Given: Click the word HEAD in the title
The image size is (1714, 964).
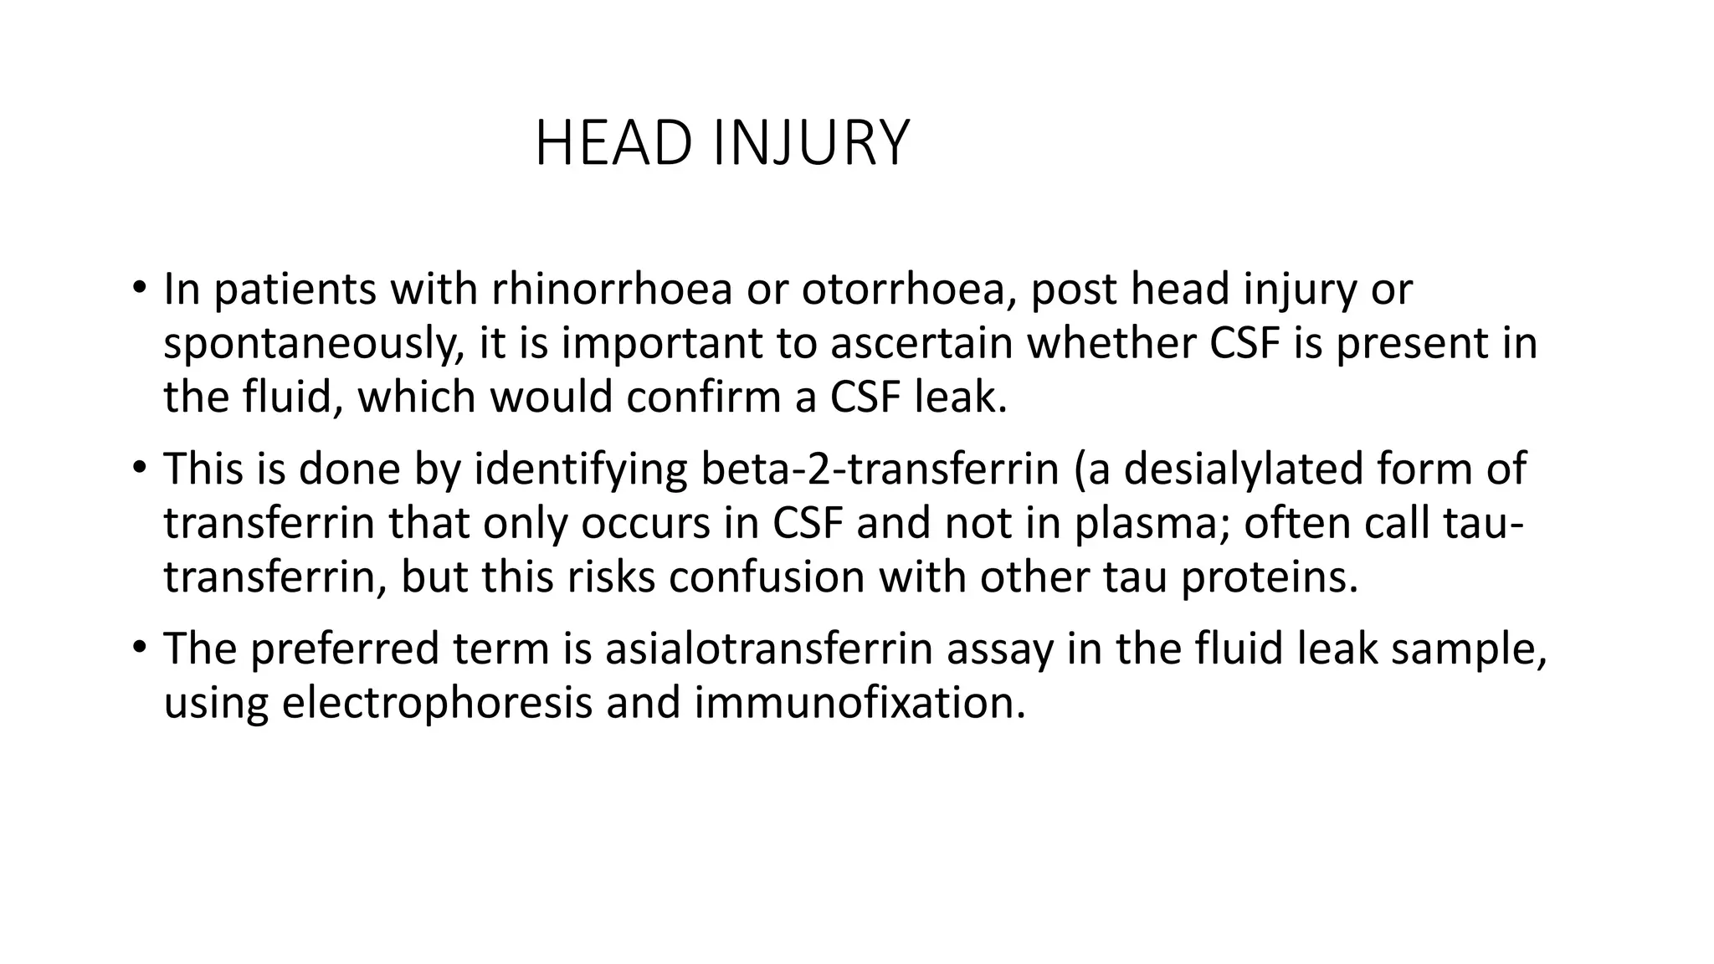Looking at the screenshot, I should click(613, 144).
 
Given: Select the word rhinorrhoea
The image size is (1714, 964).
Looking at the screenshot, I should click(612, 290).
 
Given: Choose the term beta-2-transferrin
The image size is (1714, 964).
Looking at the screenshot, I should click(880, 469).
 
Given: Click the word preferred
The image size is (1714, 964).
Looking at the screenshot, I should click(344, 649).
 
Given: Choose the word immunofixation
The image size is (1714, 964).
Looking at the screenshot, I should click(860, 703).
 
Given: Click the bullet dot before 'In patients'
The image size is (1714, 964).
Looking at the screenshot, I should click(139, 289).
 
